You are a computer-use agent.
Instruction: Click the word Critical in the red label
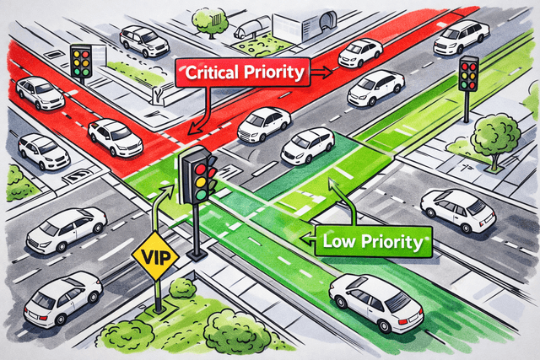point(212,73)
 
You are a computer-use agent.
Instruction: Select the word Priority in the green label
point(391,242)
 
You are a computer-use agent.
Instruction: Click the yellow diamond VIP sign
point(155,256)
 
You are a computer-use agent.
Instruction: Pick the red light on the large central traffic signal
point(201,169)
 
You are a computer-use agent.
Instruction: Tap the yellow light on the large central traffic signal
point(201,182)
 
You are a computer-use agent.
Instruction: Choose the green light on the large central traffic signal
point(201,195)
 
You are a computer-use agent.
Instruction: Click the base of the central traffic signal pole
point(197,255)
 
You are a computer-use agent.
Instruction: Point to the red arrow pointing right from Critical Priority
point(321,72)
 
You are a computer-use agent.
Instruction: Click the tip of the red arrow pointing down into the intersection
point(189,133)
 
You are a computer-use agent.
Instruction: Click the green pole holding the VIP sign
point(158,296)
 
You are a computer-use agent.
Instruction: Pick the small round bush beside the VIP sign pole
point(182,287)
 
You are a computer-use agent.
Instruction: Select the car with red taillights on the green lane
point(375,302)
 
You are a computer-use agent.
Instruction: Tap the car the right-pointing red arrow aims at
point(360,52)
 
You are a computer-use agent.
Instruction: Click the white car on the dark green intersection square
point(307,146)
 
